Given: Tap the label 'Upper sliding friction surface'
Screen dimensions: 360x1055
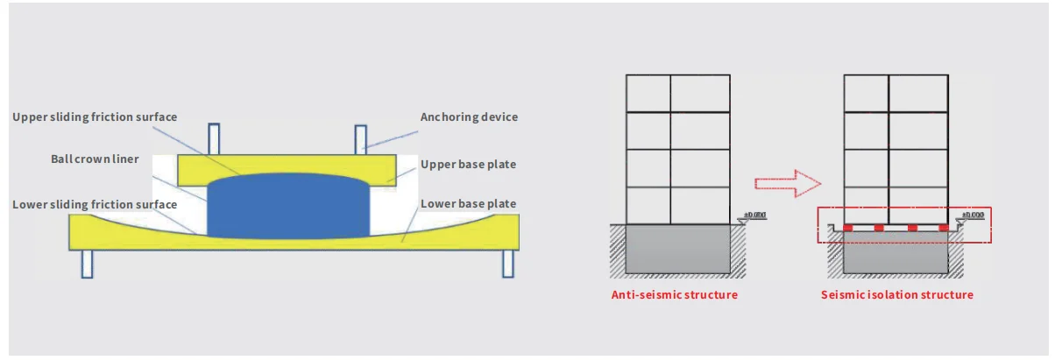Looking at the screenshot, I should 95,116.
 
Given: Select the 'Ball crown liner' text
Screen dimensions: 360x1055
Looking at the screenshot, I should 95,159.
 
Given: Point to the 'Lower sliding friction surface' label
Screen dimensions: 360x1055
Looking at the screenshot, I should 95,204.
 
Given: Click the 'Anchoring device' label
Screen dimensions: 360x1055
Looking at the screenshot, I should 470,116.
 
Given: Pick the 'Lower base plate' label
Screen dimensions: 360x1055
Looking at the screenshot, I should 468,204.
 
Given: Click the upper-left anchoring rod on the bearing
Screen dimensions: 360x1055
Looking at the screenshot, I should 214,138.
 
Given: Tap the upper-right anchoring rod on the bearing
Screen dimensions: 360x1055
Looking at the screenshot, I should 360,138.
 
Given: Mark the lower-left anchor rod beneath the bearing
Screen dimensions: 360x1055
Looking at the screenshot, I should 87,264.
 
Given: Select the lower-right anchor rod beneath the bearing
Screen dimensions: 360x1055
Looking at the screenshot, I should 506,264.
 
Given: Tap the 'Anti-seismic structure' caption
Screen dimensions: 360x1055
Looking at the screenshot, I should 674,295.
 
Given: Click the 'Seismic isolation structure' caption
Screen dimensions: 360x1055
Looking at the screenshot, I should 896,295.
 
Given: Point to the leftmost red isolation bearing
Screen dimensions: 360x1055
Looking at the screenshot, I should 848,229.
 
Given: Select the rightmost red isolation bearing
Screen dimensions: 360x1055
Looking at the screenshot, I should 944,229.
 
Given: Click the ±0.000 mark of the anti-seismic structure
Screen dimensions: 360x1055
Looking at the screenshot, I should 754,215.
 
